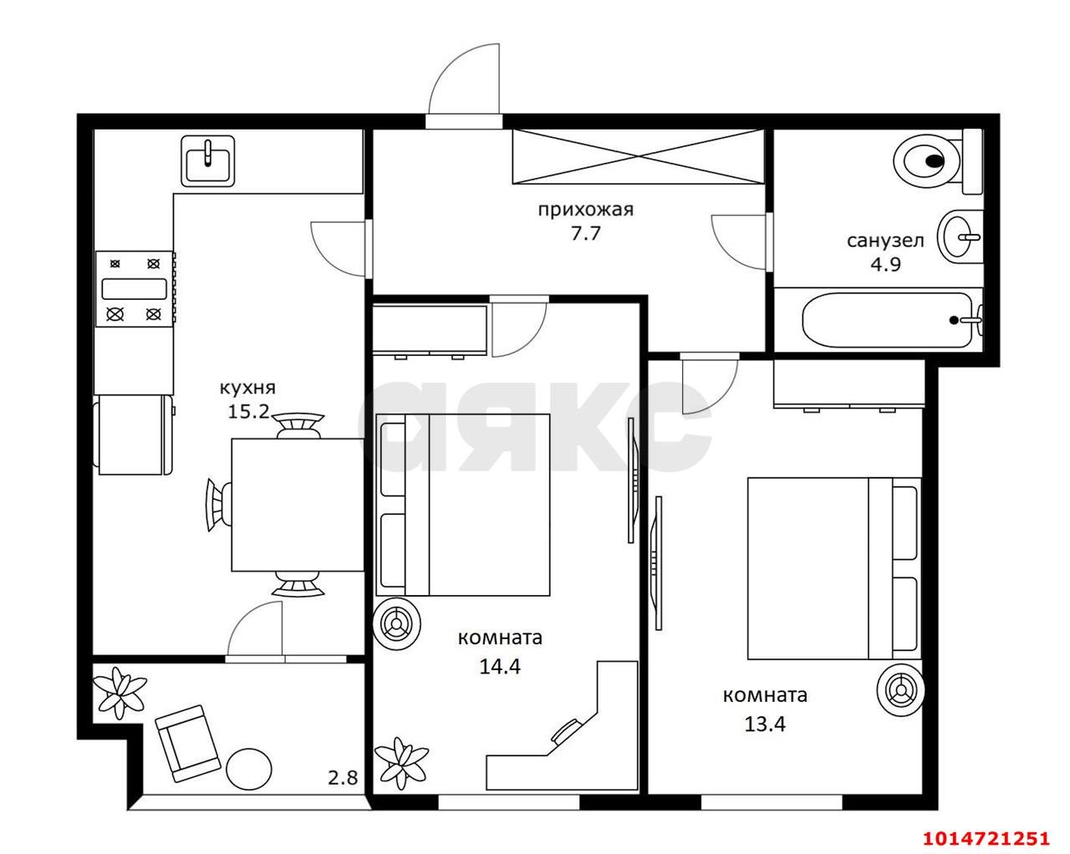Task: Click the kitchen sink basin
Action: [208, 161]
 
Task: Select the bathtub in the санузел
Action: [887, 320]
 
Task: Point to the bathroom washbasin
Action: [960, 237]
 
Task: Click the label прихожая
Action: [586, 210]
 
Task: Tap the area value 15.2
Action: [248, 412]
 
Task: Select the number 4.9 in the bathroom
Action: [885, 264]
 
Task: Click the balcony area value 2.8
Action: [343, 778]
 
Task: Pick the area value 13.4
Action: [765, 724]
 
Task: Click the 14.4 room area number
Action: [500, 667]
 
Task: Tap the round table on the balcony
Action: [249, 768]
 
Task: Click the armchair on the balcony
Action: [188, 744]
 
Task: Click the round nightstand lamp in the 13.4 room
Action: [900, 690]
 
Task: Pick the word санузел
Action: [885, 241]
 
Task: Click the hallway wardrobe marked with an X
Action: [639, 156]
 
